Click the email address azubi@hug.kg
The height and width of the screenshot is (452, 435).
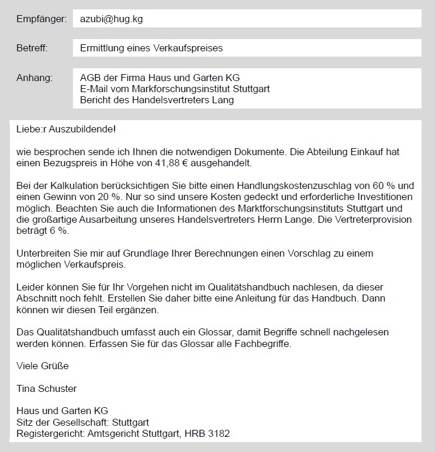[111, 19]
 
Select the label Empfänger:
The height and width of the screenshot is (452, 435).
[42, 19]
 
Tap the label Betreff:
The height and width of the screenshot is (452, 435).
[32, 48]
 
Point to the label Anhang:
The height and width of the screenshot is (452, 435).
[34, 78]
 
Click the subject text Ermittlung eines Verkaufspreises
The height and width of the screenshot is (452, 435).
[151, 48]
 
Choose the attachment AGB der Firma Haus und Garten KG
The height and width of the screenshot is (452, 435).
[159, 78]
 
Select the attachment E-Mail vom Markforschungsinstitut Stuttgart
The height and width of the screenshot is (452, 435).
[175, 89]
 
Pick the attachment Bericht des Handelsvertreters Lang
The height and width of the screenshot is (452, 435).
[156, 100]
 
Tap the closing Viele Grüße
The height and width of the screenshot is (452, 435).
[43, 366]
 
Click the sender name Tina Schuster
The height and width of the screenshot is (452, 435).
[47, 388]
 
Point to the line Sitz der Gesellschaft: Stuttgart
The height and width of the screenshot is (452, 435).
[82, 422]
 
